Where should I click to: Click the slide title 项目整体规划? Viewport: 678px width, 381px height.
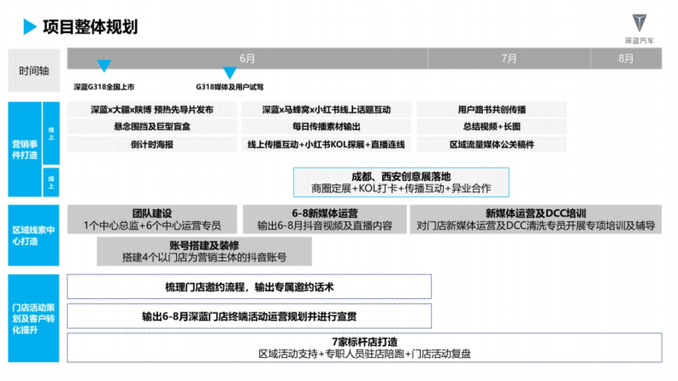pyautogui.click(x=90, y=27)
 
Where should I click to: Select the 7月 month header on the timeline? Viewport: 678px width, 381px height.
pyautogui.click(x=508, y=59)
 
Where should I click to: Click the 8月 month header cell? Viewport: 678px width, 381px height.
pyautogui.click(x=625, y=59)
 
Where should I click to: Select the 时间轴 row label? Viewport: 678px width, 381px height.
pyautogui.click(x=34, y=71)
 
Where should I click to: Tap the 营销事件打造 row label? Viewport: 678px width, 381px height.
pyautogui.click(x=24, y=149)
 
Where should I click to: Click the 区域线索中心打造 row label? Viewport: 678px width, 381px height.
pyautogui.click(x=33, y=235)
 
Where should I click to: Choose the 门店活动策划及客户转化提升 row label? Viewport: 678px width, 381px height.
pyautogui.click(x=33, y=318)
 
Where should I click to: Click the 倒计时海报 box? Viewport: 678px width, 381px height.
pyautogui.click(x=152, y=144)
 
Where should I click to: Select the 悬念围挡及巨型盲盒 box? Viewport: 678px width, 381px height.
pyautogui.click(x=152, y=127)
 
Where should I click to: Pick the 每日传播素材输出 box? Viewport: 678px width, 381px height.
pyautogui.click(x=326, y=127)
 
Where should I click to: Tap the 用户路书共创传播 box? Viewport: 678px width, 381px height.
pyautogui.click(x=492, y=110)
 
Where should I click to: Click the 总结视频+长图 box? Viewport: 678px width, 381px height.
pyautogui.click(x=492, y=127)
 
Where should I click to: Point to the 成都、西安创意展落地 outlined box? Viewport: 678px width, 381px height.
pyautogui.click(x=401, y=182)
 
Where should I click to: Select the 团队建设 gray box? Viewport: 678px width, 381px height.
pyautogui.click(x=152, y=220)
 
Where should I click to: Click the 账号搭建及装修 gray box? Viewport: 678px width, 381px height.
pyautogui.click(x=204, y=251)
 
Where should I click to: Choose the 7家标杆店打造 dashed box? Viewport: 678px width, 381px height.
pyautogui.click(x=364, y=348)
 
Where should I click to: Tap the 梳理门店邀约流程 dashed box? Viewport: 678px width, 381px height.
pyautogui.click(x=249, y=287)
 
